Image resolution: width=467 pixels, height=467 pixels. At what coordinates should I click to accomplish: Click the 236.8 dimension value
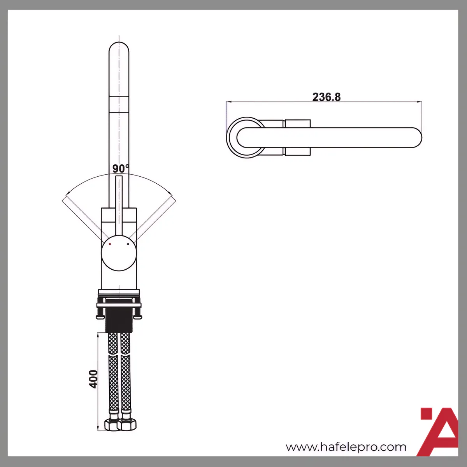pos(326,97)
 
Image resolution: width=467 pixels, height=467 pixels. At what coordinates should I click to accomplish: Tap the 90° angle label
pos(120,169)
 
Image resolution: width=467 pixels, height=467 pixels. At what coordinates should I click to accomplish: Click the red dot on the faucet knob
pos(110,244)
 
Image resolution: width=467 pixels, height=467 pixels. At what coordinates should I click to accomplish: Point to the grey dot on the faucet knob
pos(128,244)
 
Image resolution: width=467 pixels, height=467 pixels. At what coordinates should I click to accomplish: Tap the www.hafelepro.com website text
pos(346,447)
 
